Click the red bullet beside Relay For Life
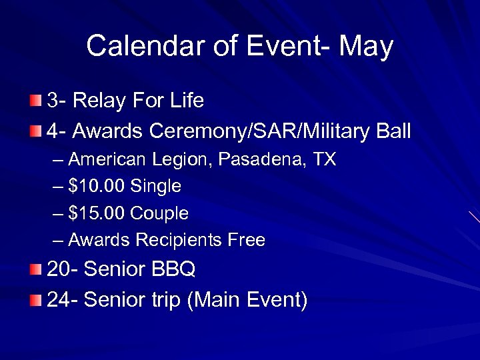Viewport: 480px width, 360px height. click(35, 101)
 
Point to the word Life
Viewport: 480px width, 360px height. click(187, 101)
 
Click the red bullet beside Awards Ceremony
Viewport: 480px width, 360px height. click(35, 131)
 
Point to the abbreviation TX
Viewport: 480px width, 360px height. click(325, 160)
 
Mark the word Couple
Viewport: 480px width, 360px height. click(160, 214)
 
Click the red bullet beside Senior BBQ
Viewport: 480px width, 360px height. click(35, 270)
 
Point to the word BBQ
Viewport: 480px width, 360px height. click(173, 270)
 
